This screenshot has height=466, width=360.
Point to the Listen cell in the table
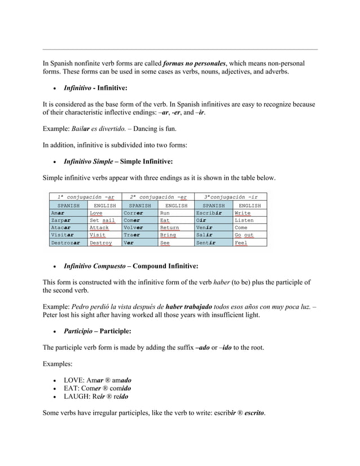[x=249, y=221]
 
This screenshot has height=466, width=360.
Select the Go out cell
[x=249, y=235]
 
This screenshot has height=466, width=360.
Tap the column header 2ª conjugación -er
[x=158, y=196]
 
